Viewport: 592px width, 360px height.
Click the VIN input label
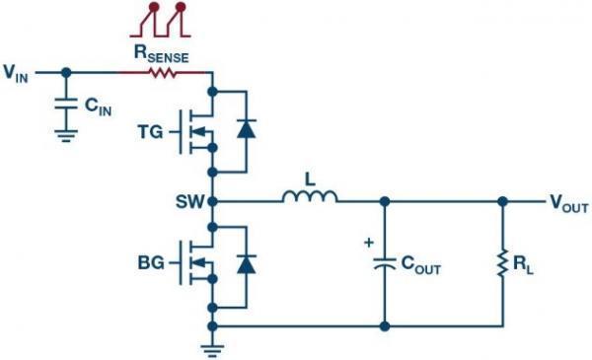click(17, 72)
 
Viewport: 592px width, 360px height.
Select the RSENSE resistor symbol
click(163, 72)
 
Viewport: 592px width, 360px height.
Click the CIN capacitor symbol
click(66, 103)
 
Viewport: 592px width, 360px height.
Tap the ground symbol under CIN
click(66, 135)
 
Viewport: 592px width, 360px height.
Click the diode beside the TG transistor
click(246, 127)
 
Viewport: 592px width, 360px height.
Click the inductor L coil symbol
click(309, 199)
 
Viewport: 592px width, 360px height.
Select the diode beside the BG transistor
click(246, 263)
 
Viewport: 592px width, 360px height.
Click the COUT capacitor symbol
click(383, 263)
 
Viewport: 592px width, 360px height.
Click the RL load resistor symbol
click(502, 263)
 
